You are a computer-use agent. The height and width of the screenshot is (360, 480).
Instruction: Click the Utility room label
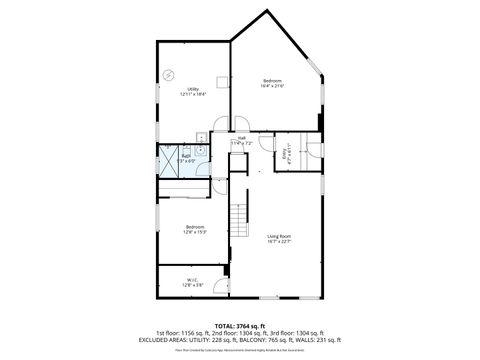click(x=194, y=88)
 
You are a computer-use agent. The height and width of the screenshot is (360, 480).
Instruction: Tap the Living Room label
click(x=278, y=236)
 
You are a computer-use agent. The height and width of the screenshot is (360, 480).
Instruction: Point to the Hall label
click(x=242, y=138)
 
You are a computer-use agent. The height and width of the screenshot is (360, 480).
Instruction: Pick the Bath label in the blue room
click(x=186, y=156)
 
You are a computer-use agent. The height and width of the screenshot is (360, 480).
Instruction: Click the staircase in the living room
click(x=238, y=213)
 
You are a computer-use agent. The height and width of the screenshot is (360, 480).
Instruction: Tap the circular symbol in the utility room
click(x=169, y=74)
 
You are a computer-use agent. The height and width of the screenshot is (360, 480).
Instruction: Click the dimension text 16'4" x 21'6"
click(x=273, y=86)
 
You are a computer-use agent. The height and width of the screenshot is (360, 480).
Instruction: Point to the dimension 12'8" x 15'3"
click(x=195, y=233)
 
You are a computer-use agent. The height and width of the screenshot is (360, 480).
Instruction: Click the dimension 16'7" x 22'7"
click(x=278, y=242)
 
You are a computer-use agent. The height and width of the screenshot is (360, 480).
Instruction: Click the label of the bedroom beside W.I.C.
click(x=195, y=227)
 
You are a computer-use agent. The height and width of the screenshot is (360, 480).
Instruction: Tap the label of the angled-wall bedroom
click(x=273, y=80)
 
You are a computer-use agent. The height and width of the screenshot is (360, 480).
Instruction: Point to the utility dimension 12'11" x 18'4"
click(x=194, y=94)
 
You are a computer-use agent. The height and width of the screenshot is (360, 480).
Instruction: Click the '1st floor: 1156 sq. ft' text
click(x=184, y=332)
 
